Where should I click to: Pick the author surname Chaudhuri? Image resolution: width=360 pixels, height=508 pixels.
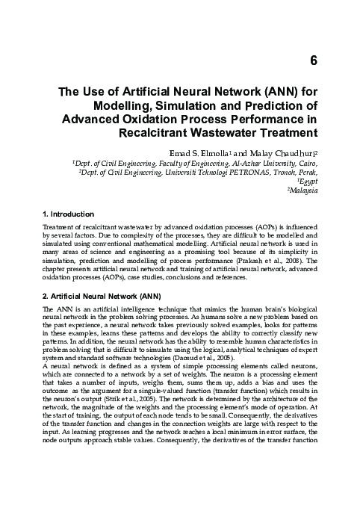tap(295, 150)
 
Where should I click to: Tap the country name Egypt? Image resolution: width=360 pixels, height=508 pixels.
tap(310, 181)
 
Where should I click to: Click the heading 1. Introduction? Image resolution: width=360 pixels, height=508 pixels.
tap(68, 214)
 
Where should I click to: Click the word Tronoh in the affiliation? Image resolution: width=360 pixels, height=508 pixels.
tap(290, 171)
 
